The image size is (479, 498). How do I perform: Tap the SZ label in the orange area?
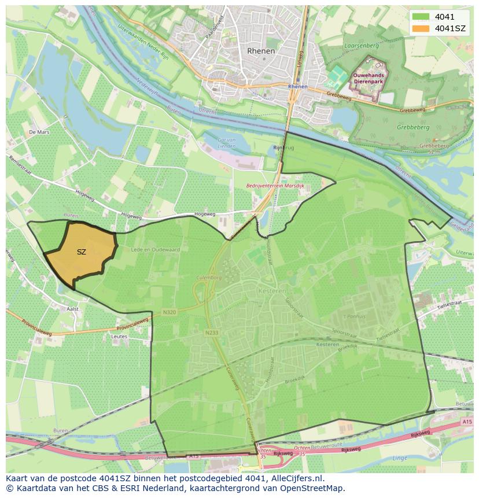point(81,252)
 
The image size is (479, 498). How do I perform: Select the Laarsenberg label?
point(360,45)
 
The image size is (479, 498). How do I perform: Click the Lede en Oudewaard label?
point(155,250)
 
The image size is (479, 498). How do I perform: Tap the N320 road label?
point(169,313)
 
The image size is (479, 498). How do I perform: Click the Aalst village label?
point(72,309)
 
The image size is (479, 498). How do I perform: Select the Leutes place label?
point(119,336)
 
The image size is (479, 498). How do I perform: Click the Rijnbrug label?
point(283,148)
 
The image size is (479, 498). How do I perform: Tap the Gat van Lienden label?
point(226,143)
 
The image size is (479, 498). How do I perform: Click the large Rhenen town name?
point(261,51)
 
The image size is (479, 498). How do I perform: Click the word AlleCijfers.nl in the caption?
point(297,478)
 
